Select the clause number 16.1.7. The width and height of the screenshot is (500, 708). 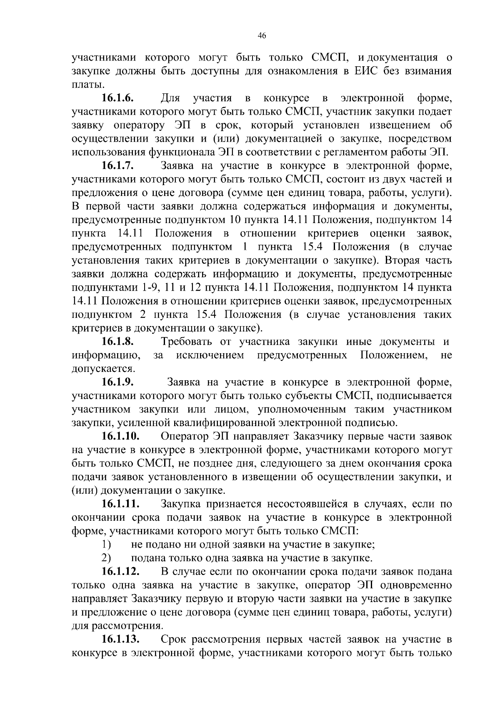(117, 166)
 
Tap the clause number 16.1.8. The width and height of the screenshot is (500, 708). (117, 342)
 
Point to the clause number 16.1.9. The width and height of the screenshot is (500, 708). (117, 382)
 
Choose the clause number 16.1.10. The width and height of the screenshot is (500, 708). (120, 437)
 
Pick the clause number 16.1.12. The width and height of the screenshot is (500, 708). (120, 572)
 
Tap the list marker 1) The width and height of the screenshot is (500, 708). (106, 545)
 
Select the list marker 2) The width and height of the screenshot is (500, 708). (106, 558)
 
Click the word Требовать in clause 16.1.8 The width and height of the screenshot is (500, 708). (188, 342)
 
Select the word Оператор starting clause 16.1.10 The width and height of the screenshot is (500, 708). (184, 437)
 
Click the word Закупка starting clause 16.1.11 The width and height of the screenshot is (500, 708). (181, 504)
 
